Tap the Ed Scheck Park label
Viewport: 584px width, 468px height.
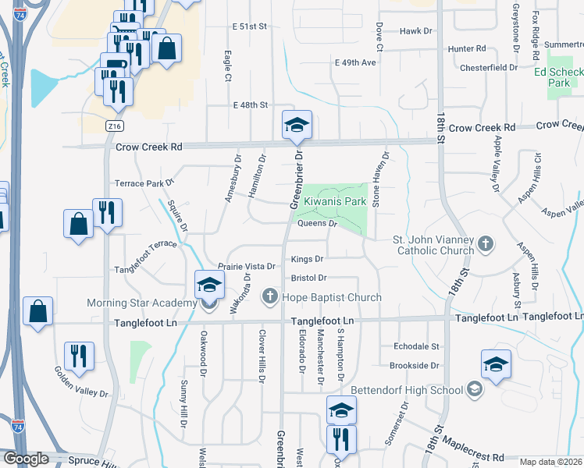tap(558, 76)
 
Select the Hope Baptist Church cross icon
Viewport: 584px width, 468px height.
tap(269, 296)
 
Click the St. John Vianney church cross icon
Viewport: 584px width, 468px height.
tap(485, 244)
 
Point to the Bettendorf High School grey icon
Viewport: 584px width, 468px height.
tap(475, 388)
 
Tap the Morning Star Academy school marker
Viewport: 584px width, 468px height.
tap(208, 288)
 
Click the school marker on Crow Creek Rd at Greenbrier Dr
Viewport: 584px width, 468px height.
tap(296, 126)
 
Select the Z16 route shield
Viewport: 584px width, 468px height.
tap(116, 125)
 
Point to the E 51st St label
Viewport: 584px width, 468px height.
tap(250, 26)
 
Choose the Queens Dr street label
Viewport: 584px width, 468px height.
tap(317, 223)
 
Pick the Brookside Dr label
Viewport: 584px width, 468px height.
tap(414, 365)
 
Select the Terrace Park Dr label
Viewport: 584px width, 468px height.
tap(144, 183)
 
